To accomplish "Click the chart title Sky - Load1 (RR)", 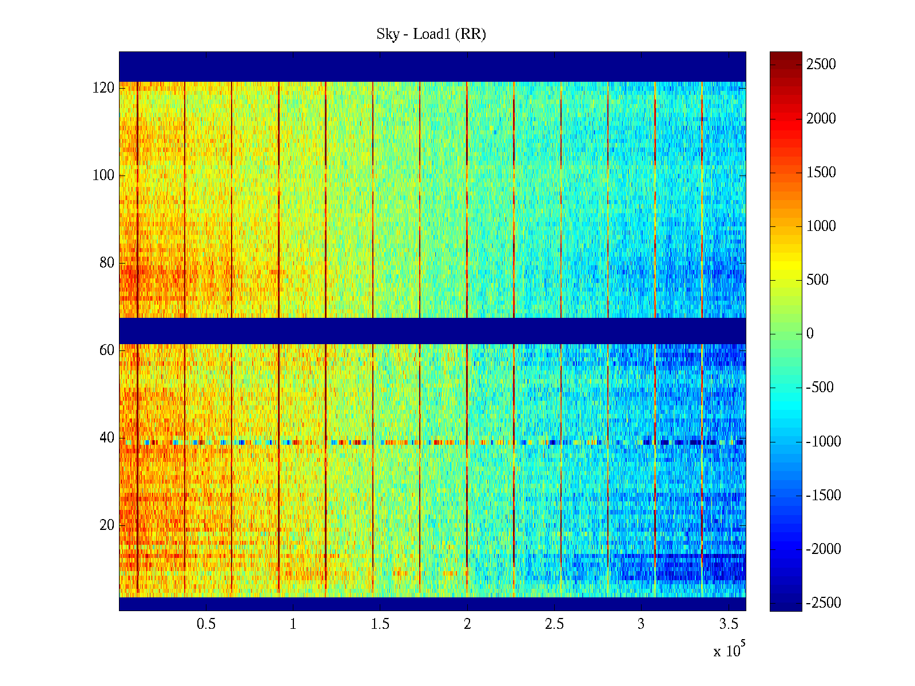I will click(431, 34).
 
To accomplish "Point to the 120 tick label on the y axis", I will click(104, 88).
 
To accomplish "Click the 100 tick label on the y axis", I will click(104, 176).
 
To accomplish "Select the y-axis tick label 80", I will click(107, 263).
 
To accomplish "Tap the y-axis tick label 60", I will click(107, 350).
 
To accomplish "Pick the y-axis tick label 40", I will click(107, 438).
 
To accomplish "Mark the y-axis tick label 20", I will click(107, 525).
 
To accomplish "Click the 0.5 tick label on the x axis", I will click(206, 624).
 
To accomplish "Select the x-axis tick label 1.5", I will click(380, 624).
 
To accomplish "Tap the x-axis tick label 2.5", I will click(554, 624).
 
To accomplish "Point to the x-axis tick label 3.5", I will click(729, 624).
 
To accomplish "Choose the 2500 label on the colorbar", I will click(821, 65).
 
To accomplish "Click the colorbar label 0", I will click(810, 334).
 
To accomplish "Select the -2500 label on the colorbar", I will click(823, 603).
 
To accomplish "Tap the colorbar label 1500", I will click(821, 173).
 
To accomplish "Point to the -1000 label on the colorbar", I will click(823, 442).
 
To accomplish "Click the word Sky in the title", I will click(388, 34).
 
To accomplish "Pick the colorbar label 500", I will click(817, 280).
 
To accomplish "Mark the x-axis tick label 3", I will click(641, 624).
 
